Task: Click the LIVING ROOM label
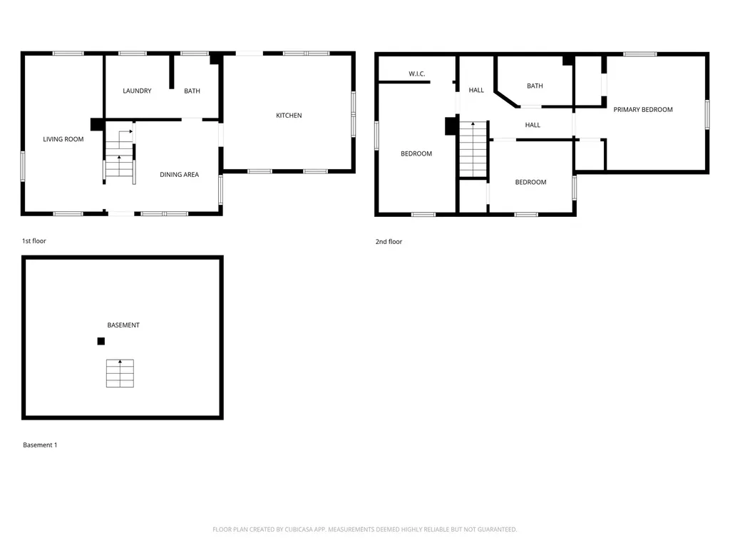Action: pyautogui.click(x=63, y=139)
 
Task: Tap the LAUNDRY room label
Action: pyautogui.click(x=137, y=91)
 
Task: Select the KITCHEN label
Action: pyautogui.click(x=289, y=116)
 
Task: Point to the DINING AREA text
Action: pyautogui.click(x=179, y=175)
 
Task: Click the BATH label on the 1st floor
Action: pyautogui.click(x=192, y=91)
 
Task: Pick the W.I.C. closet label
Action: pyautogui.click(x=417, y=73)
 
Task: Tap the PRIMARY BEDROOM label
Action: pyautogui.click(x=643, y=109)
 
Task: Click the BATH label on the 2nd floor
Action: pyautogui.click(x=535, y=86)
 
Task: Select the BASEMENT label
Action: pyautogui.click(x=123, y=325)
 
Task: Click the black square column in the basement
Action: pyautogui.click(x=101, y=341)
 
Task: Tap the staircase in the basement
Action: pyautogui.click(x=120, y=373)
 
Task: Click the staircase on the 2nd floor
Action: pyautogui.click(x=473, y=149)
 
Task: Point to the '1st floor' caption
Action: pyautogui.click(x=34, y=241)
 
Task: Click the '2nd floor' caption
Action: pyautogui.click(x=389, y=242)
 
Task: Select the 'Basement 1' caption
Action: pyautogui.click(x=40, y=445)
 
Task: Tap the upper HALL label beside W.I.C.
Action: pyautogui.click(x=476, y=90)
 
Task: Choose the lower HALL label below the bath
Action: pyautogui.click(x=533, y=125)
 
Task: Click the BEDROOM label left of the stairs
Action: pyautogui.click(x=416, y=153)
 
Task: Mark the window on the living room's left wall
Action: pyautogui.click(x=23, y=166)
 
